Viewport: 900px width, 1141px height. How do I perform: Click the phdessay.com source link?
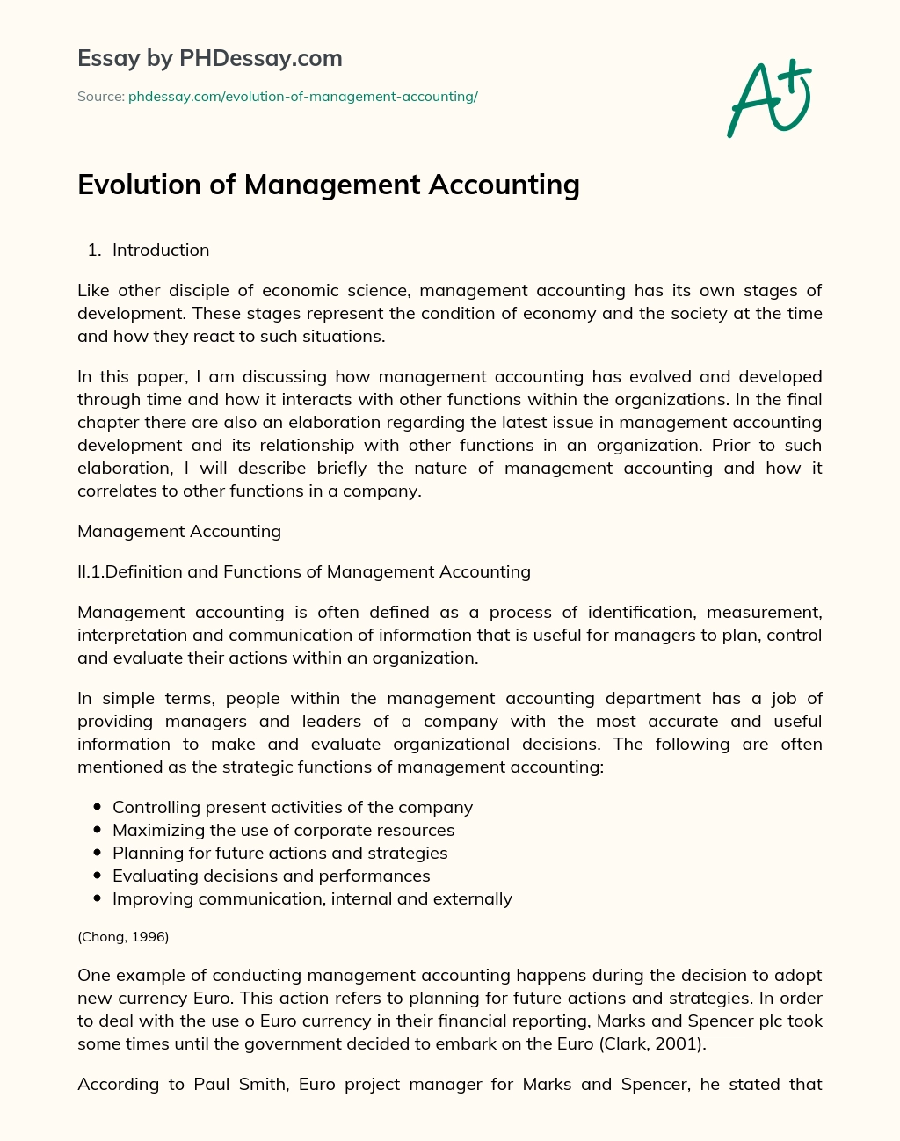pos(302,97)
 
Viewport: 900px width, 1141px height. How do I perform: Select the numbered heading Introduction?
pos(161,251)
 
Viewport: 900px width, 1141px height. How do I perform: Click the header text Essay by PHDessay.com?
pos(210,58)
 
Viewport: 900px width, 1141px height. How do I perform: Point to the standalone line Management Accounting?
pos(179,531)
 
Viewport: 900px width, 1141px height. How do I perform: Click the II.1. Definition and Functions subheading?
pos(304,571)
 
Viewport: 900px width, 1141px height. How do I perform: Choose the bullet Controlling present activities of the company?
pos(293,807)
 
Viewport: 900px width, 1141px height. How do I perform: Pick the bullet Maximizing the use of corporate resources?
pos(283,830)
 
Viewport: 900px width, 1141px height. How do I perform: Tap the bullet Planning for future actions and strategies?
pos(279,853)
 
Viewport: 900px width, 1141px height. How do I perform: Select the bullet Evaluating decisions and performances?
pos(271,876)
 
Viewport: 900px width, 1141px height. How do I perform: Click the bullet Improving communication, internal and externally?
pos(312,898)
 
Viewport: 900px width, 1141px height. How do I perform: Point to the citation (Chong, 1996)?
pos(123,937)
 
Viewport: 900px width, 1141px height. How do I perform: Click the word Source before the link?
pos(100,97)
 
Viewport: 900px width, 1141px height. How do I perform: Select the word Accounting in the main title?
pos(504,185)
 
